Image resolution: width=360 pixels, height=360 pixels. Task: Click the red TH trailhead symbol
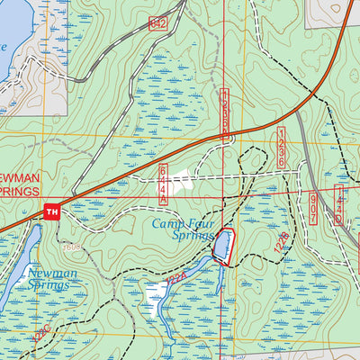click(x=51, y=211)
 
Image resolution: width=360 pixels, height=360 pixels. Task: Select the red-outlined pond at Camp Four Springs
click(x=221, y=246)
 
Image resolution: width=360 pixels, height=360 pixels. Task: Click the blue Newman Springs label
click(x=50, y=279)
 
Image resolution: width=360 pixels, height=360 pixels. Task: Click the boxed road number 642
click(x=159, y=23)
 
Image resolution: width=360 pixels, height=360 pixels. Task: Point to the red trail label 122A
click(x=177, y=282)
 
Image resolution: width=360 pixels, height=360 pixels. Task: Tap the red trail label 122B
click(x=281, y=239)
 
